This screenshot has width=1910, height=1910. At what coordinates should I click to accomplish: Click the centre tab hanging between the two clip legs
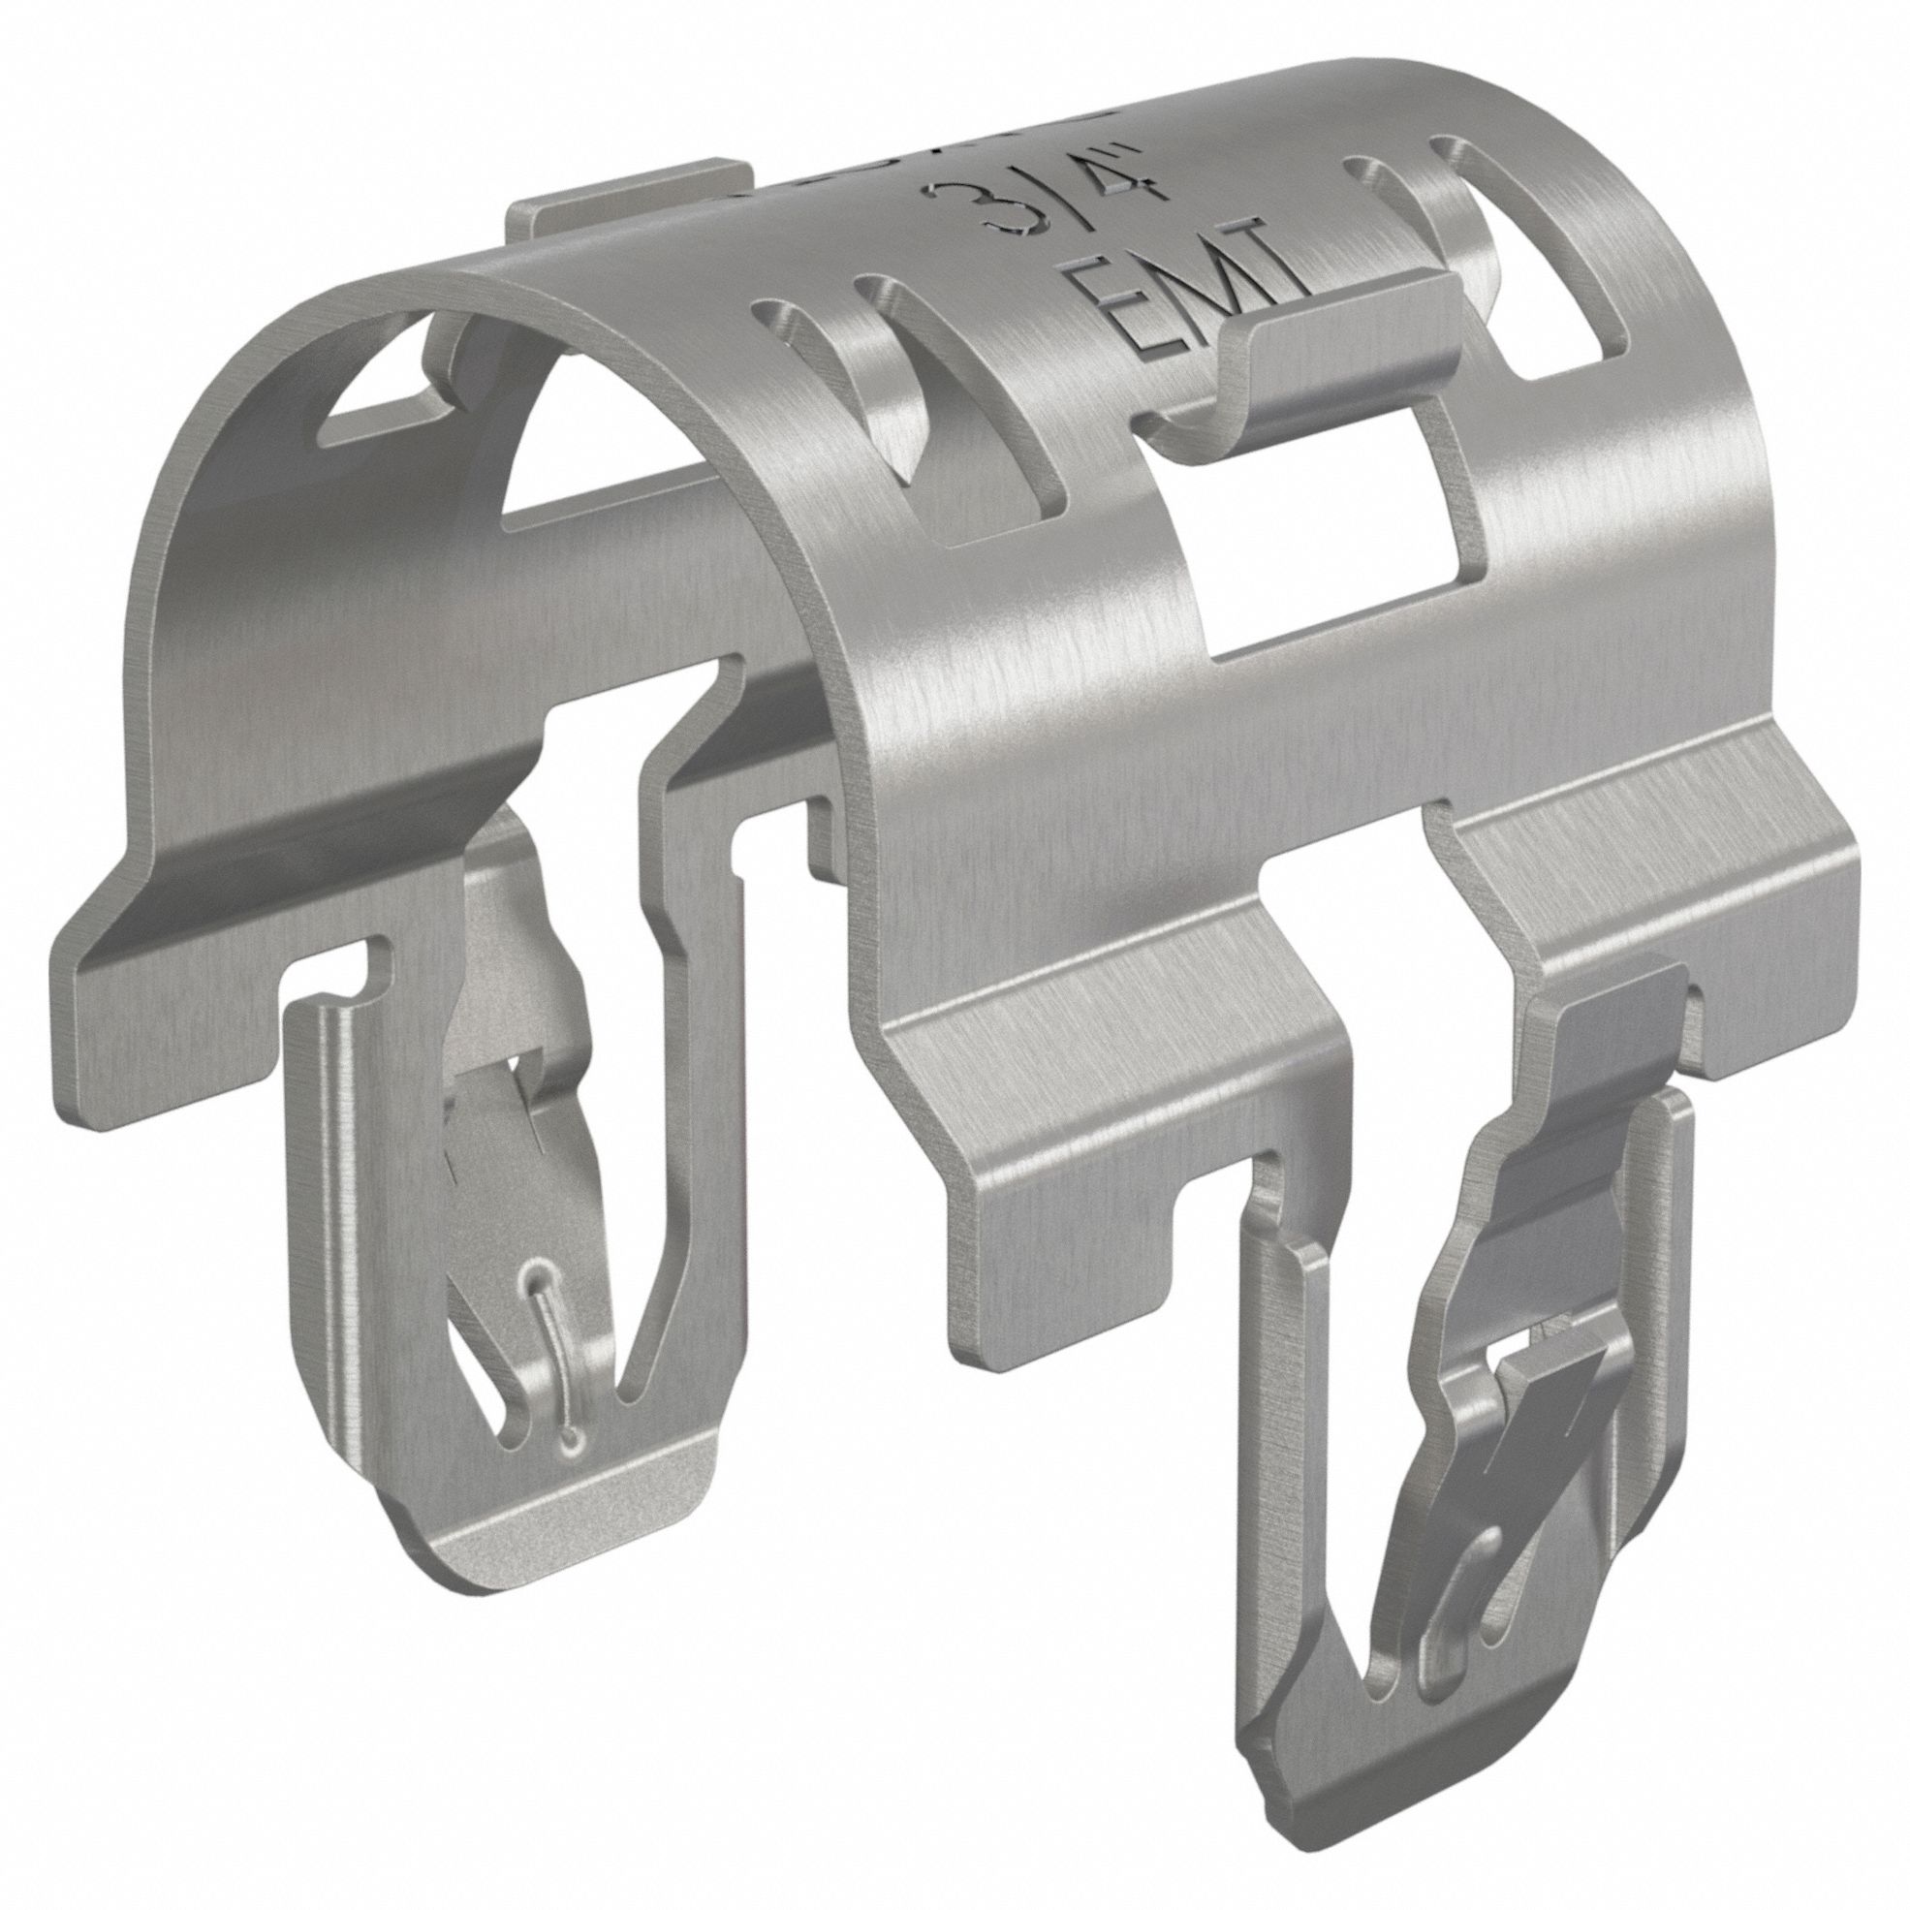point(1068,1226)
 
